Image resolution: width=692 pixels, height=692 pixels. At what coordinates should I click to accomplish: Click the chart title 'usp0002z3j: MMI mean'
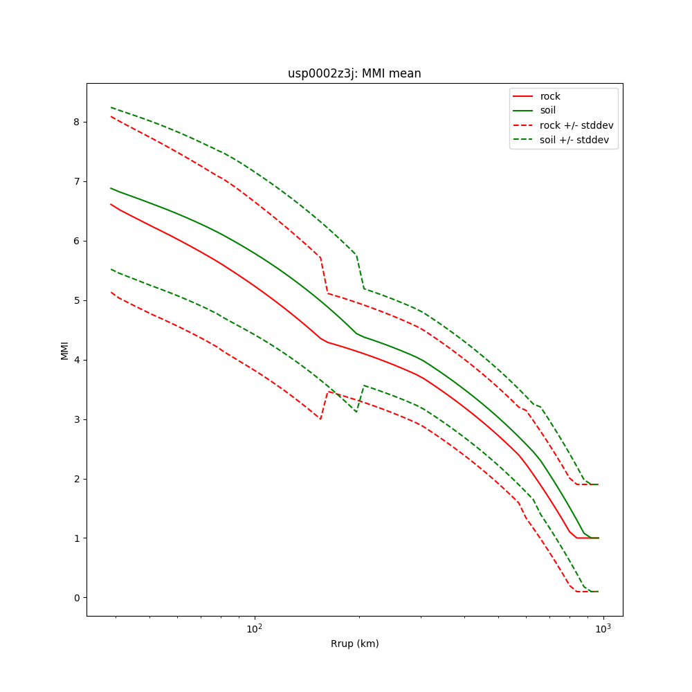(354, 73)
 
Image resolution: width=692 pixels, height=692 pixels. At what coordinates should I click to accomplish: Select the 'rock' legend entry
(550, 96)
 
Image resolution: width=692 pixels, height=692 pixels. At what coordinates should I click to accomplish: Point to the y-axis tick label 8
(76, 122)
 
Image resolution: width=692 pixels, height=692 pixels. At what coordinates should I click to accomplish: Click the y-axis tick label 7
(76, 181)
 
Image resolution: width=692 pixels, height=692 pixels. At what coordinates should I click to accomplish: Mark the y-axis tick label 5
(76, 300)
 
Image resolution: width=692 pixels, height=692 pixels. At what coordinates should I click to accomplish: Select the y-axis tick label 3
(76, 419)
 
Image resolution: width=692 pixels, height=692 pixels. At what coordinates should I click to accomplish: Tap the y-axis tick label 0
(76, 598)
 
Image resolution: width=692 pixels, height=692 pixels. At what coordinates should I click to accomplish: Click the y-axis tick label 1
(76, 538)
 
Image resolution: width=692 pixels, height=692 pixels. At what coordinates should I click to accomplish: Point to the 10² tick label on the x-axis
(255, 629)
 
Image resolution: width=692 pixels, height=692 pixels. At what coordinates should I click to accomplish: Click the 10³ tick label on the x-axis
(603, 629)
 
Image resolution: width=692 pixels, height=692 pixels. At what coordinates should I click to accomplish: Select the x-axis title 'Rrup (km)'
(354, 644)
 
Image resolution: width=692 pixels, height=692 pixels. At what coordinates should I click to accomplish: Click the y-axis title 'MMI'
(64, 350)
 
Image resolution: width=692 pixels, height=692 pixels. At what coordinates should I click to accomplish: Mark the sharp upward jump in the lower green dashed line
(360, 399)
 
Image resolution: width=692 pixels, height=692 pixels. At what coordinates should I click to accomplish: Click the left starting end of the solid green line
(111, 188)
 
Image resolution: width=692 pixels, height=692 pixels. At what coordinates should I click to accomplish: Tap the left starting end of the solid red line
(111, 204)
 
